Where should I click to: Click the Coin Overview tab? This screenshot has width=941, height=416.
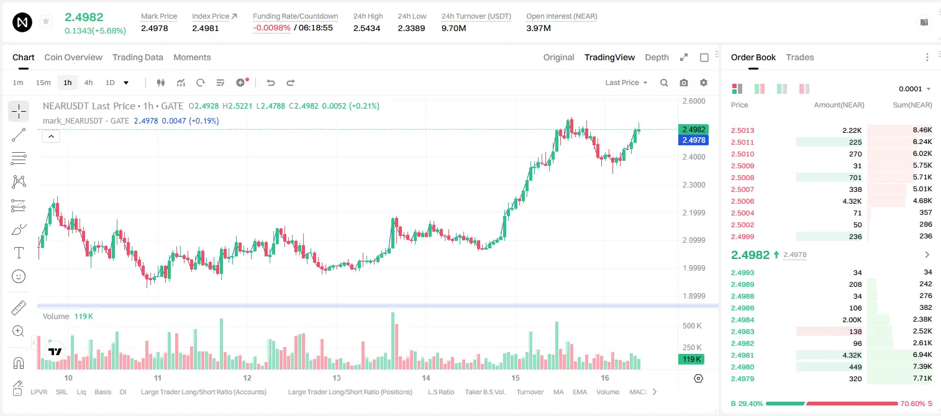point(73,57)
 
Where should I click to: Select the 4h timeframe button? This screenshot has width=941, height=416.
point(88,83)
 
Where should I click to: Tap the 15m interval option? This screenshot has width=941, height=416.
point(43,83)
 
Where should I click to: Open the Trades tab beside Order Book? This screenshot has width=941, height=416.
point(799,57)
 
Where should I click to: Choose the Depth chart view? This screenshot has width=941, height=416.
point(657,57)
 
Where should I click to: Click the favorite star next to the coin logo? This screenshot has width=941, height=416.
point(46,21)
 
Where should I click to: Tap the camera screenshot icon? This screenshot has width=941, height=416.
point(684,83)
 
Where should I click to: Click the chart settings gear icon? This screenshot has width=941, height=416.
point(704,83)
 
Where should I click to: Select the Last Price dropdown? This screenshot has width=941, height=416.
point(626,83)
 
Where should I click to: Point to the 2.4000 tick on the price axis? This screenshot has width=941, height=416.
point(694,157)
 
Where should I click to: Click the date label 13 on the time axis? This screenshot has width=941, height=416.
point(337,378)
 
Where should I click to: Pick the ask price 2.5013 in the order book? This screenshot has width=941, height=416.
point(742,130)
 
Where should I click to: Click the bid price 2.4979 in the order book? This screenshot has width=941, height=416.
point(742,379)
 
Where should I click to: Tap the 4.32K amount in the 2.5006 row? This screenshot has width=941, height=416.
point(852,201)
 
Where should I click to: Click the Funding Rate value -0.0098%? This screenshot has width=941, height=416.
point(271,28)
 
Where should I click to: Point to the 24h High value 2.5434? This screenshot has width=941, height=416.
point(366,28)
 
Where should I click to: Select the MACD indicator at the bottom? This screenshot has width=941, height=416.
point(638,392)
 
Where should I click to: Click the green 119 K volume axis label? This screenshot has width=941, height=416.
point(691,359)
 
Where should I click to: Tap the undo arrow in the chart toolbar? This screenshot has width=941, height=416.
point(271,83)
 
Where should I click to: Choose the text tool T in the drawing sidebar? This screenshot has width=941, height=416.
point(19,253)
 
